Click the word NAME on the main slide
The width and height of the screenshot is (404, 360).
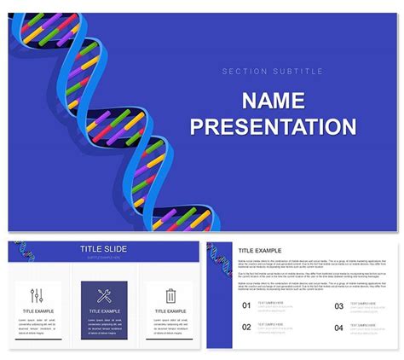tap(273, 101)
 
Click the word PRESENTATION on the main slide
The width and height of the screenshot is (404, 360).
tap(273, 127)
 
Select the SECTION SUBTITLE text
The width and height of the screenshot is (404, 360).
tap(273, 71)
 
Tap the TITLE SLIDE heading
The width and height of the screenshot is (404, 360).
tap(103, 249)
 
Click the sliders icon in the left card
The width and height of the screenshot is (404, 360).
tap(37, 296)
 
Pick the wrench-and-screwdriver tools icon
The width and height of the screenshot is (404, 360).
tap(104, 296)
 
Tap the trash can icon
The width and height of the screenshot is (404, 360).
tap(170, 296)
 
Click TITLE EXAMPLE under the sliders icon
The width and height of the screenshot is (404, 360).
tap(38, 311)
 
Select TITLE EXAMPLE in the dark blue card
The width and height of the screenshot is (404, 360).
tap(104, 311)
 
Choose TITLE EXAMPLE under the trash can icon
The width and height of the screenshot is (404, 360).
tap(170, 311)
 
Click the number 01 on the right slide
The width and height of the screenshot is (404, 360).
tap(246, 305)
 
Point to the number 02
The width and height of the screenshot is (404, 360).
tap(246, 327)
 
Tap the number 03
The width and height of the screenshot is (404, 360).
tap(338, 305)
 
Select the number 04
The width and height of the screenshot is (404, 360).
tap(338, 327)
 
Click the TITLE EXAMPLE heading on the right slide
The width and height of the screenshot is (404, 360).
tap(259, 249)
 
